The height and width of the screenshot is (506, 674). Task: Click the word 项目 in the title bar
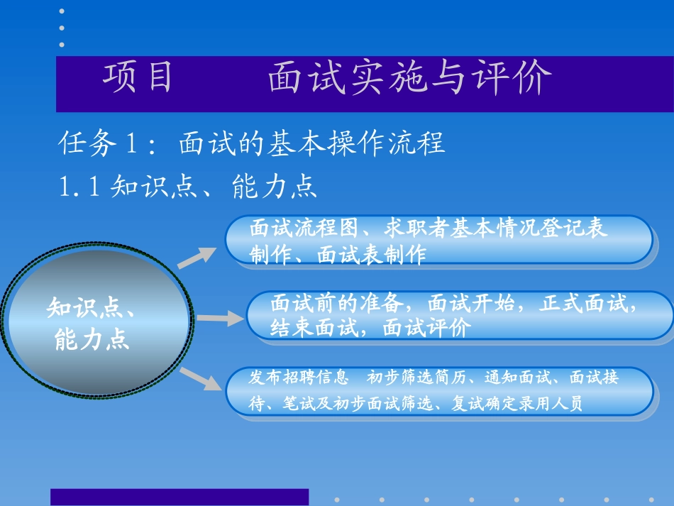[x=138, y=78]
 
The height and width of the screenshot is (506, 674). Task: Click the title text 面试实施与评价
[x=409, y=79]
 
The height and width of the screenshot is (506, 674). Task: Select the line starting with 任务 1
[x=251, y=144]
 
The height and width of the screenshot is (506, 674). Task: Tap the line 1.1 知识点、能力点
[x=187, y=187]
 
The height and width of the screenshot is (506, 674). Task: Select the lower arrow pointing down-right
[x=201, y=379]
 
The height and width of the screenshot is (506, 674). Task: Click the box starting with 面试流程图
[x=438, y=241]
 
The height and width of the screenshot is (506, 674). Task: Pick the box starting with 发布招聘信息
[x=439, y=391]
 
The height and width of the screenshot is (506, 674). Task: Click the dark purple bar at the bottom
[x=179, y=497]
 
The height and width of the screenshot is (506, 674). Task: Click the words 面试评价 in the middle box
[x=426, y=328]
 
